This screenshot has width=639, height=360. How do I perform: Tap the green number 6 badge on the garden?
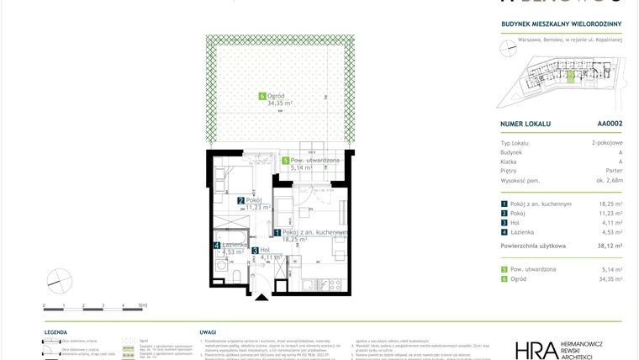pyautogui.click(x=262, y=97)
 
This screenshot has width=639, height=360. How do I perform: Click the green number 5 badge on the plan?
pyautogui.click(x=286, y=161)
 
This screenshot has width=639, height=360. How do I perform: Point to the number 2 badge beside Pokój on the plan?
pyautogui.click(x=240, y=200)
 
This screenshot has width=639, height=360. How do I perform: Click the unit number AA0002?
pyautogui.click(x=609, y=124)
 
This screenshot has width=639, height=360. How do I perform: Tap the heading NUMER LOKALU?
pyautogui.click(x=525, y=124)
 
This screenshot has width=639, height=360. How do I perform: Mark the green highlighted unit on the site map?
pyautogui.click(x=571, y=77)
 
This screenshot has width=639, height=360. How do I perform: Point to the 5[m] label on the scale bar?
pyautogui.click(x=143, y=306)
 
